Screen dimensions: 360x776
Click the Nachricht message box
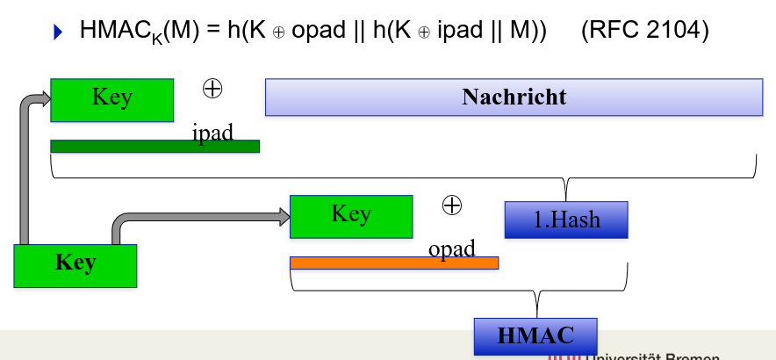coord(514,97)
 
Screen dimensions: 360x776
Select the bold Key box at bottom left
coord(75,264)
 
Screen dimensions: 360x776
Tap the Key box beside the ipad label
coord(111,98)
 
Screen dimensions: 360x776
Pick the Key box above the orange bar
coord(350,215)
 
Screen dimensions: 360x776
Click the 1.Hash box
coord(567,219)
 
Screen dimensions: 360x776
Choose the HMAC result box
coord(535,335)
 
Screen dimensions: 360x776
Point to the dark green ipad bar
coord(154,146)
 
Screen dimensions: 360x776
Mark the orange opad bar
coord(394,263)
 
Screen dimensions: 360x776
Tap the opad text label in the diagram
coord(451,248)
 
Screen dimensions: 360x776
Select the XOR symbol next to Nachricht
coord(212,88)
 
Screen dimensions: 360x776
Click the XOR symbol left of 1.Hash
coord(451,205)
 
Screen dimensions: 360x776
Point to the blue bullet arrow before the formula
coord(59,33)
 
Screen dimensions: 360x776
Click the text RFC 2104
coord(644,31)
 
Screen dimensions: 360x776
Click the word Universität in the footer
coord(627,356)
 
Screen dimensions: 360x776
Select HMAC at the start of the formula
coord(111,31)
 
